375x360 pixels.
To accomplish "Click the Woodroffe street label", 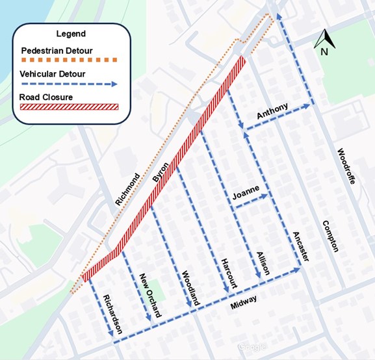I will point(345,167).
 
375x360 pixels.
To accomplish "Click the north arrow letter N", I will point(322,52).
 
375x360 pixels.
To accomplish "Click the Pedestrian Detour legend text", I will point(56,50).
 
